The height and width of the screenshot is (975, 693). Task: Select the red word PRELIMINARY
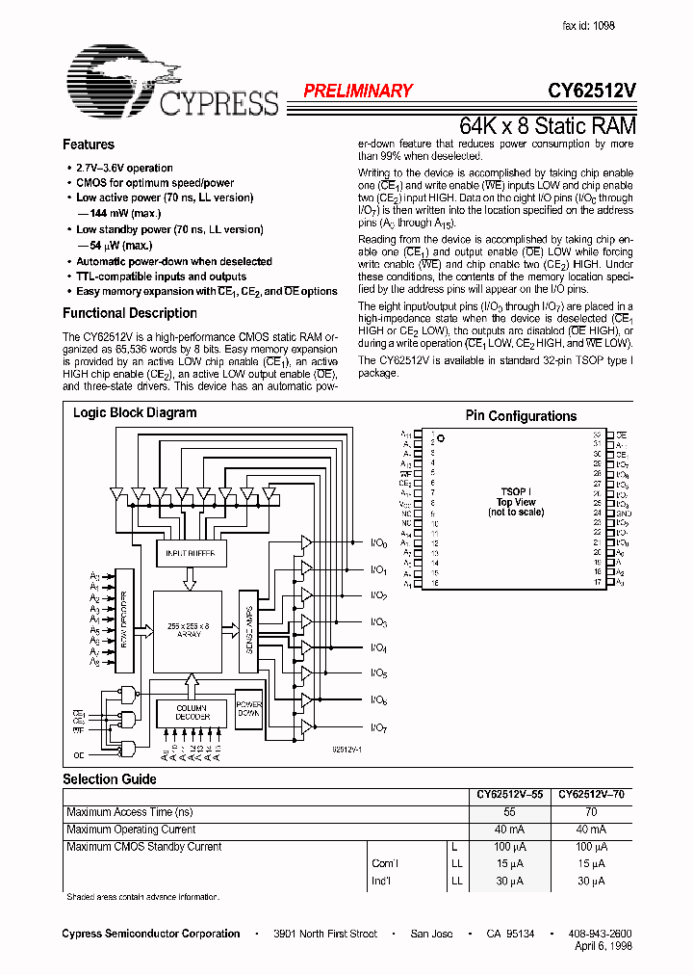tap(358, 92)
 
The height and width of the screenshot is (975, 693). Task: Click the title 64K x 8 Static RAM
tap(547, 126)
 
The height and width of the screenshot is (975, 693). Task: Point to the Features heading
tap(89, 145)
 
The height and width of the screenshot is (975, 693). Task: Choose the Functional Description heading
tap(130, 313)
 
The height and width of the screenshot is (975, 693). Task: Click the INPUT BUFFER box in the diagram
tap(192, 553)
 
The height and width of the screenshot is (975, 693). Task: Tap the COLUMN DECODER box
tap(192, 713)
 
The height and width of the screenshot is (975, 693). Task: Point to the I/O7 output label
tap(378, 727)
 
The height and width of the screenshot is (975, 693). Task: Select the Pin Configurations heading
tap(521, 416)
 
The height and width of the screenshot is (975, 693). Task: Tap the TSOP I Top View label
tap(517, 502)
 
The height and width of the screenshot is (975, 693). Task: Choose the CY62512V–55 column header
tap(509, 796)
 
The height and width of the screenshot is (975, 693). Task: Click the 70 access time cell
tap(591, 812)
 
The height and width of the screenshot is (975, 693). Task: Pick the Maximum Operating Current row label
tap(131, 830)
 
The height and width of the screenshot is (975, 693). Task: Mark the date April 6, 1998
tap(600, 948)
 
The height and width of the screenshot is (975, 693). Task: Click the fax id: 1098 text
tap(588, 27)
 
